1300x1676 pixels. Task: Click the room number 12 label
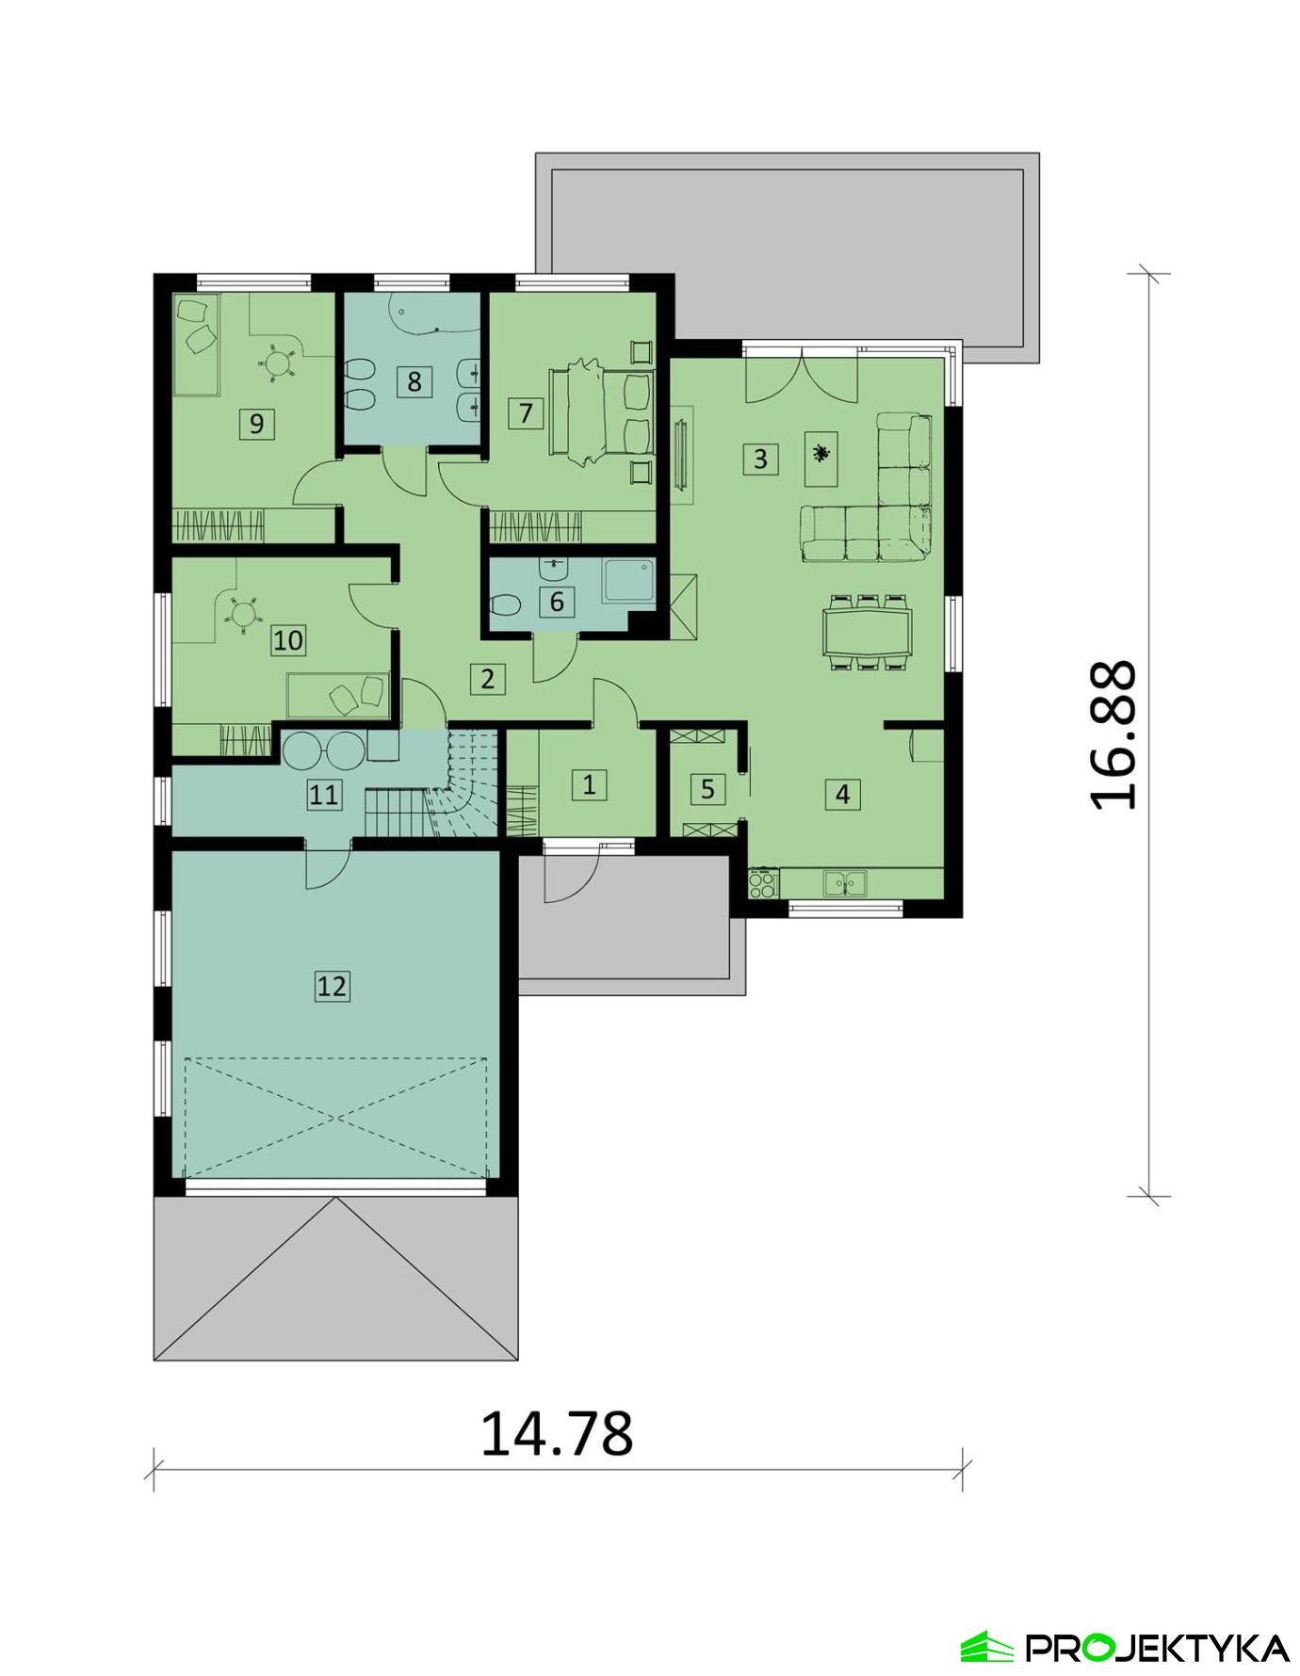point(332,986)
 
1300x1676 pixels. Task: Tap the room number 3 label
point(760,459)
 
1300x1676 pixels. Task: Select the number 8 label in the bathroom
point(414,381)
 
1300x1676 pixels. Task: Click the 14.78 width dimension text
point(557,1433)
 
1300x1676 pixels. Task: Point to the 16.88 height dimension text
point(1113,734)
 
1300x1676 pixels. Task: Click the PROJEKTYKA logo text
point(1157,1648)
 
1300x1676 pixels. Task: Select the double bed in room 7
point(603,414)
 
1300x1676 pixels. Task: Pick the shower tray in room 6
point(628,581)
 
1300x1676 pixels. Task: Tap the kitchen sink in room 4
point(845,883)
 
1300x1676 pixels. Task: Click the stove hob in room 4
point(762,884)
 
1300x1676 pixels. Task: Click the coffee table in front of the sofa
point(822,459)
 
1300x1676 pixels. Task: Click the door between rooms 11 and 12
point(327,862)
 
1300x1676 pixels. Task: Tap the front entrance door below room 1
point(570,871)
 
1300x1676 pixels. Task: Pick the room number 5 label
point(707,789)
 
